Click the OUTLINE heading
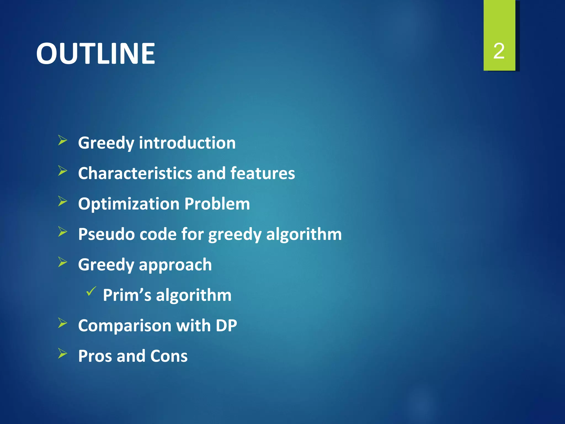tap(95, 54)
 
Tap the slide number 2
tap(499, 51)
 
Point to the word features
tap(262, 173)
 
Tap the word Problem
tap(217, 204)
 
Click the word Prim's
tap(127, 295)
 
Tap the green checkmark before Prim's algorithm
tap(91, 291)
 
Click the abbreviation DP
tap(226, 325)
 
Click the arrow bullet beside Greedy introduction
tap(63, 141)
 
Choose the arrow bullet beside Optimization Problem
tap(63, 201)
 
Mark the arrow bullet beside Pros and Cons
tap(63, 353)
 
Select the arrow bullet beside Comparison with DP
tap(63, 323)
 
